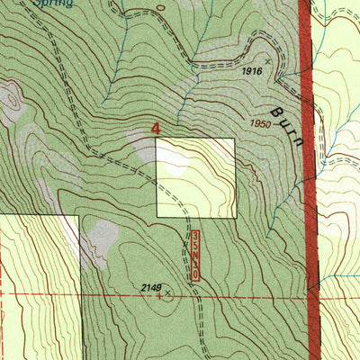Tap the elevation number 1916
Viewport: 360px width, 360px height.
(x=251, y=70)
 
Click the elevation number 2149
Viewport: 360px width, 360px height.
(x=151, y=287)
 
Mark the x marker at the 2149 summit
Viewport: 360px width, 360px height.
(x=168, y=292)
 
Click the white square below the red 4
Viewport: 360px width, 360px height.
(x=195, y=177)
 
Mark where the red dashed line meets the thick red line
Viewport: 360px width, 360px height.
(x=315, y=294)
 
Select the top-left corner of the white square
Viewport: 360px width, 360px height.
(x=157, y=139)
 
